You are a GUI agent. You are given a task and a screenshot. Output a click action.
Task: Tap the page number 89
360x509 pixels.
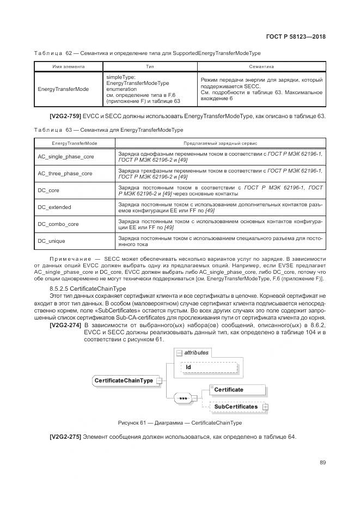(322, 462)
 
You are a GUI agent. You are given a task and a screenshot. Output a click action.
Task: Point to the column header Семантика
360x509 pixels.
(261, 66)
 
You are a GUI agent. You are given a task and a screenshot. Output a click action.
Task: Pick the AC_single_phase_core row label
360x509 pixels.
(66, 157)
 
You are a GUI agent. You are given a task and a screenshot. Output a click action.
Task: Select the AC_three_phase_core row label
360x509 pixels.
(65, 174)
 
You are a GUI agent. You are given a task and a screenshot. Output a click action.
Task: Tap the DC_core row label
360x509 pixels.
(48, 191)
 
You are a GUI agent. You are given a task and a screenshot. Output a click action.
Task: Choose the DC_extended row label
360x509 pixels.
(54, 207)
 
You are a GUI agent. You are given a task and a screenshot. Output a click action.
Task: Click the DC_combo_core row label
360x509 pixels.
(58, 224)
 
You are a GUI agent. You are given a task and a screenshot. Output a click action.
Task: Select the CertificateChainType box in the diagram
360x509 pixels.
(124, 380)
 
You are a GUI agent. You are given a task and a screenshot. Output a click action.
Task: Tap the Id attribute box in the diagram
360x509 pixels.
(206, 367)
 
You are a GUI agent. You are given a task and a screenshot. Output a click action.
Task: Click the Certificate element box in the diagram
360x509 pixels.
(229, 390)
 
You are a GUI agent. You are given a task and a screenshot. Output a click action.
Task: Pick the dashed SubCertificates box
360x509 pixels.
(235, 407)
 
